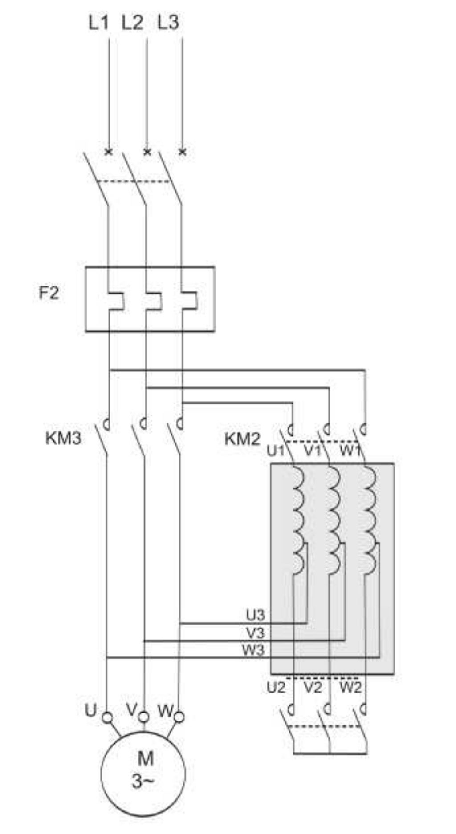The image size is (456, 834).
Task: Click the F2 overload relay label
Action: [x=48, y=293]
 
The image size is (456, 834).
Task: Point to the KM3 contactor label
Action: [x=64, y=439]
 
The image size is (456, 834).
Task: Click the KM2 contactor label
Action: [x=242, y=439]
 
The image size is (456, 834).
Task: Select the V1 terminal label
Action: [x=313, y=451]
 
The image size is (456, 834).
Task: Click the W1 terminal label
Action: [x=350, y=451]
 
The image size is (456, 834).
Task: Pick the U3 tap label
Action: [x=255, y=616]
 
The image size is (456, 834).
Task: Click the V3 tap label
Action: [x=255, y=633]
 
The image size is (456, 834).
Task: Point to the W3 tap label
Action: [x=253, y=650]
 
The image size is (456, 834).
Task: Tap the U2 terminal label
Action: [x=276, y=688]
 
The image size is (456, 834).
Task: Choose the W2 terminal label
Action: [x=350, y=688]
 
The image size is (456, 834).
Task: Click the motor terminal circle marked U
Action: [x=107, y=717]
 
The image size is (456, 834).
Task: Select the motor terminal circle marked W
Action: [x=179, y=717]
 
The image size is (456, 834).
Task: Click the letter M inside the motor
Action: [x=145, y=758]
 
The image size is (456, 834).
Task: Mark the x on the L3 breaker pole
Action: [x=182, y=152]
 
